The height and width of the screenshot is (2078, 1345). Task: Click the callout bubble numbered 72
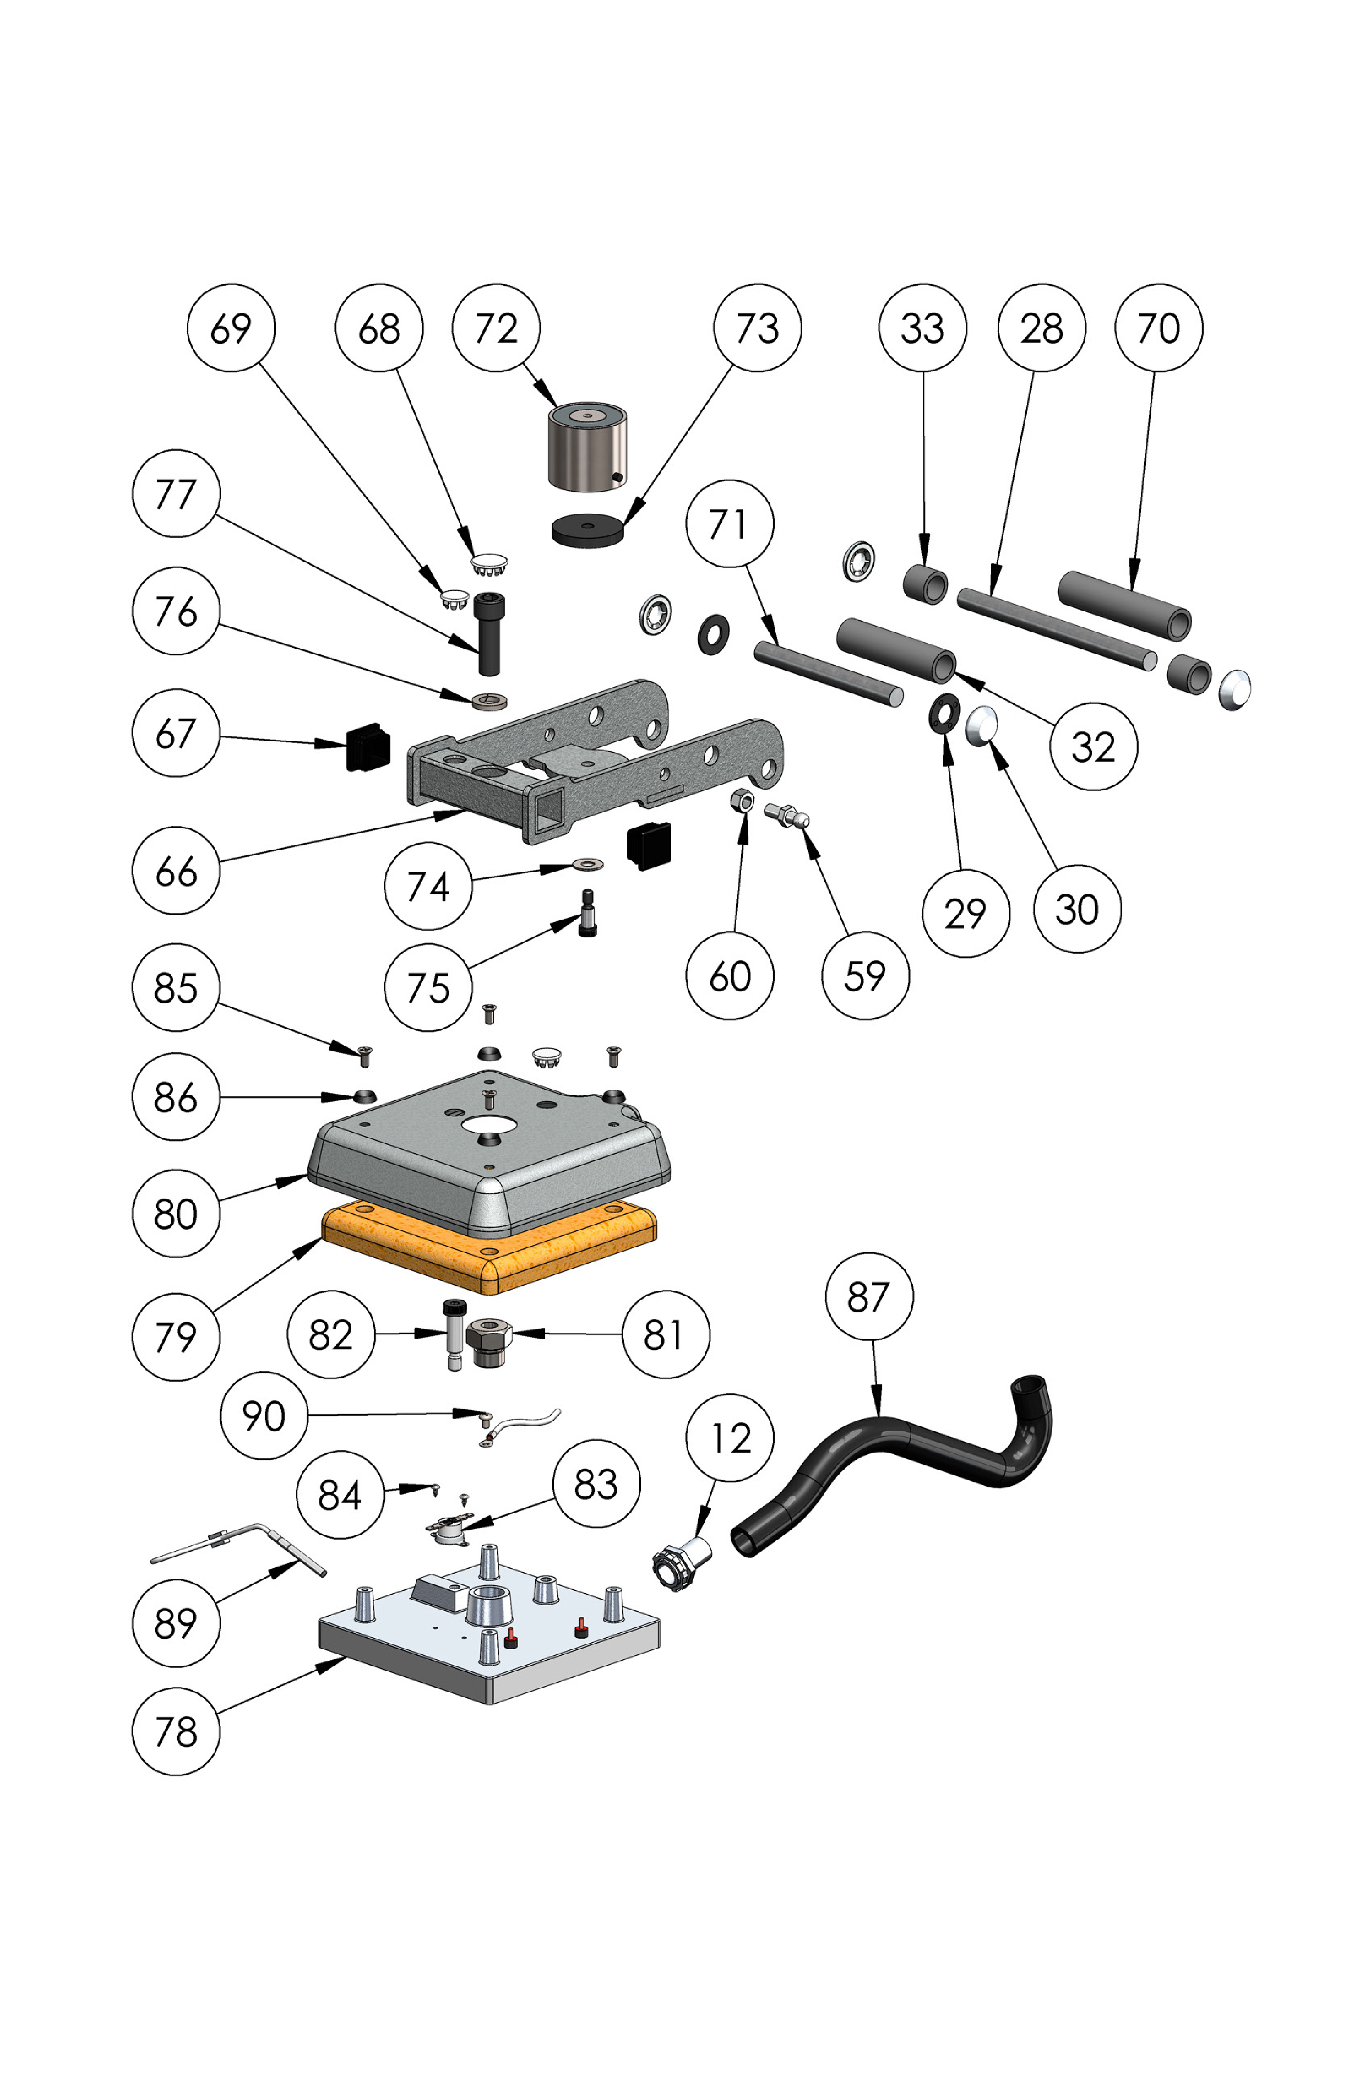pos(496,328)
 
